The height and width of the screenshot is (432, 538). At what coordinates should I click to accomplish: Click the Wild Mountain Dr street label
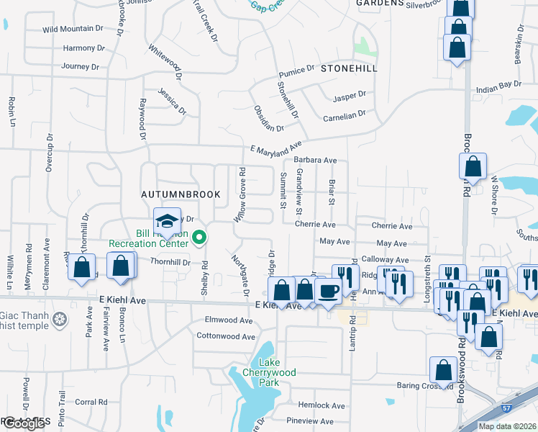pyautogui.click(x=73, y=29)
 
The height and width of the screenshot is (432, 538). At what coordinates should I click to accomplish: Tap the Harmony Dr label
pyautogui.click(x=78, y=48)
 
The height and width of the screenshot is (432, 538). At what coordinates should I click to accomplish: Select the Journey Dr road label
pyautogui.click(x=80, y=66)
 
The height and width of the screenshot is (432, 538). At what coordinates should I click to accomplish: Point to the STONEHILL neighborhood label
pyautogui.click(x=349, y=68)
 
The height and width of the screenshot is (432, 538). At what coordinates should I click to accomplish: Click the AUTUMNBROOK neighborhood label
pyautogui.click(x=176, y=194)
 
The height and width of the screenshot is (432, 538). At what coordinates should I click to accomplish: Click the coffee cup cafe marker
pyautogui.click(x=329, y=292)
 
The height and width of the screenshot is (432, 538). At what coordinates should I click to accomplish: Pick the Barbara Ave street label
pyautogui.click(x=315, y=160)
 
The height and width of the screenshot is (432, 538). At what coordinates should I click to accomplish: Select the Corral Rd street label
pyautogui.click(x=91, y=402)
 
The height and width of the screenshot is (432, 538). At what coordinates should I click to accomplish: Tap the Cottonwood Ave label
pyautogui.click(x=226, y=336)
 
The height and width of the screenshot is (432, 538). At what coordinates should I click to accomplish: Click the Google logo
pyautogui.click(x=24, y=423)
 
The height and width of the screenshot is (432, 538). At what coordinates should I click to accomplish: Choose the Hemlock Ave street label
pyautogui.click(x=307, y=405)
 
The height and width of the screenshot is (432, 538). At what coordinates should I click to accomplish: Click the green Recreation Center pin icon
pyautogui.click(x=200, y=235)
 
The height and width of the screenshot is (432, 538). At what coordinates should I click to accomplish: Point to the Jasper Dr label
pyautogui.click(x=350, y=95)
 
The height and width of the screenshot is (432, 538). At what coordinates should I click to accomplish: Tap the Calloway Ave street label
pyautogui.click(x=385, y=259)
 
